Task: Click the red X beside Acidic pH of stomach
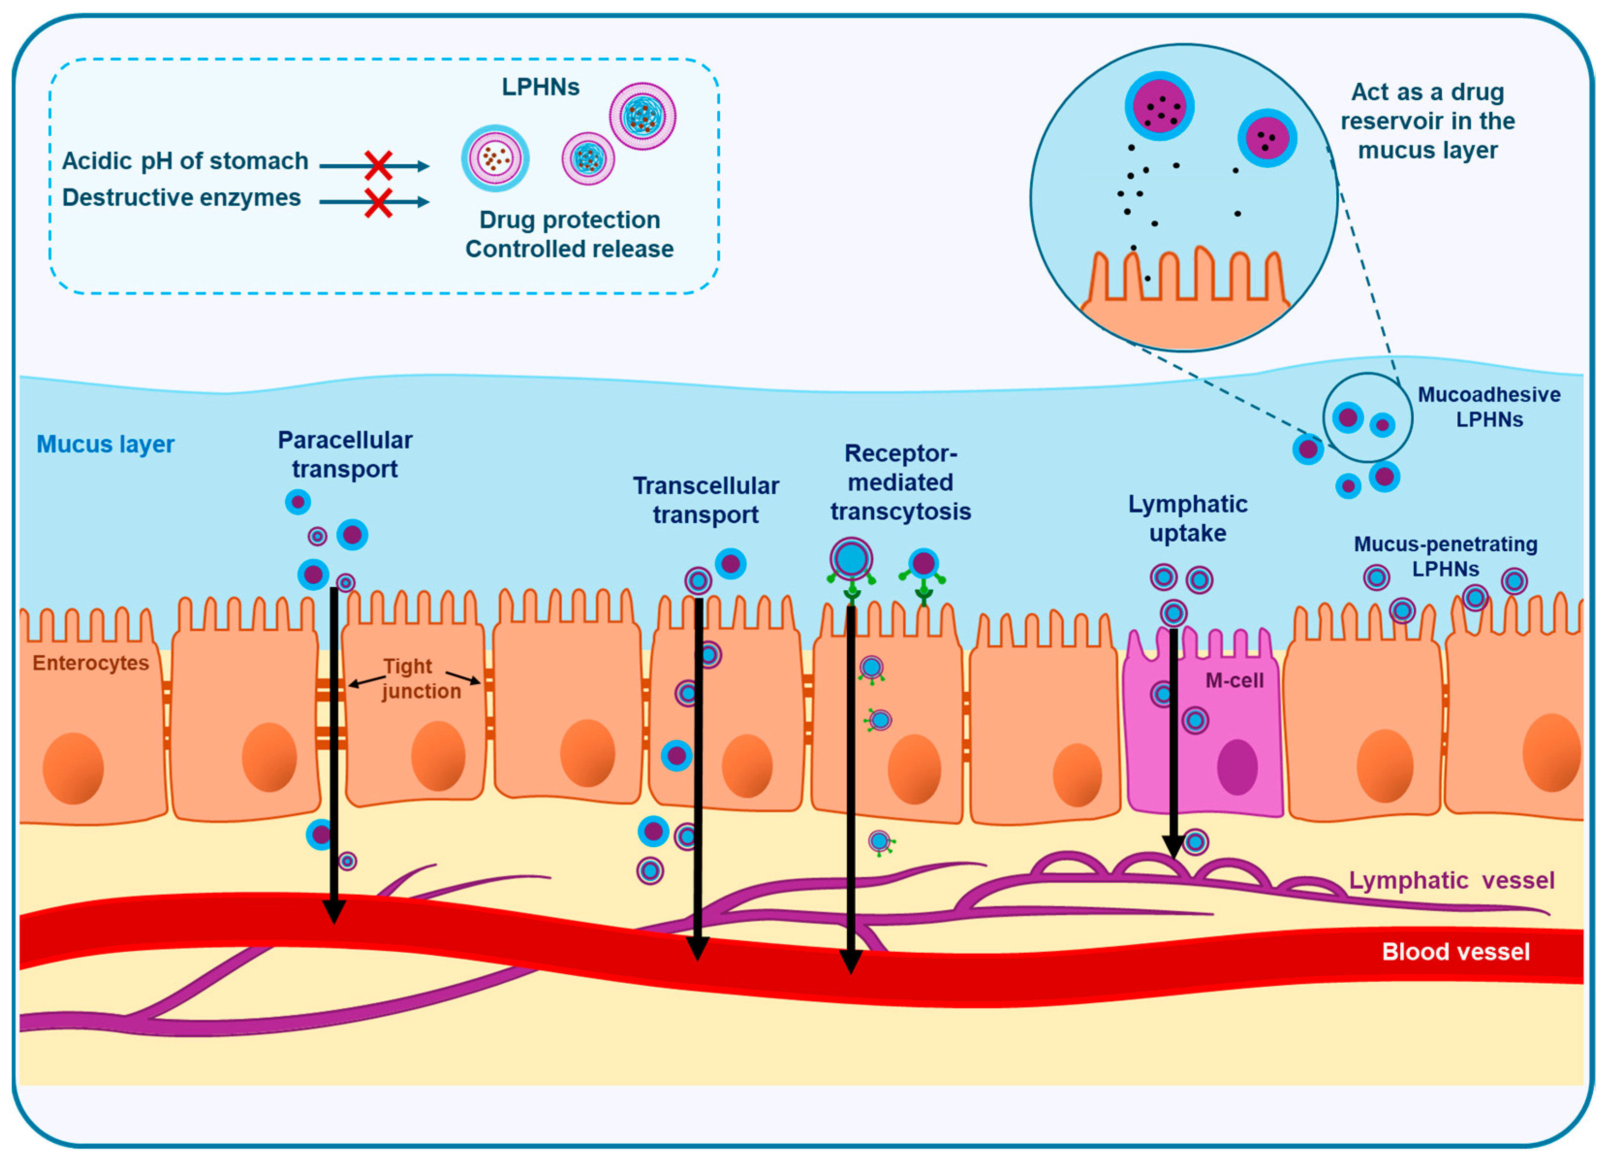coord(378,166)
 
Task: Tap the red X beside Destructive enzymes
coord(378,202)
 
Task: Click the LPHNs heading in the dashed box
coord(540,87)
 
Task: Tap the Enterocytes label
coord(91,663)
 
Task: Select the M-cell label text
coord(1234,681)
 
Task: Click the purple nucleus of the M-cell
coord(1236,767)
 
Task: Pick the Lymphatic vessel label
coord(1451,880)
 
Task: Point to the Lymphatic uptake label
coord(1188,518)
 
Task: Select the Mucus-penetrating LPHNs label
coord(1445,557)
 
